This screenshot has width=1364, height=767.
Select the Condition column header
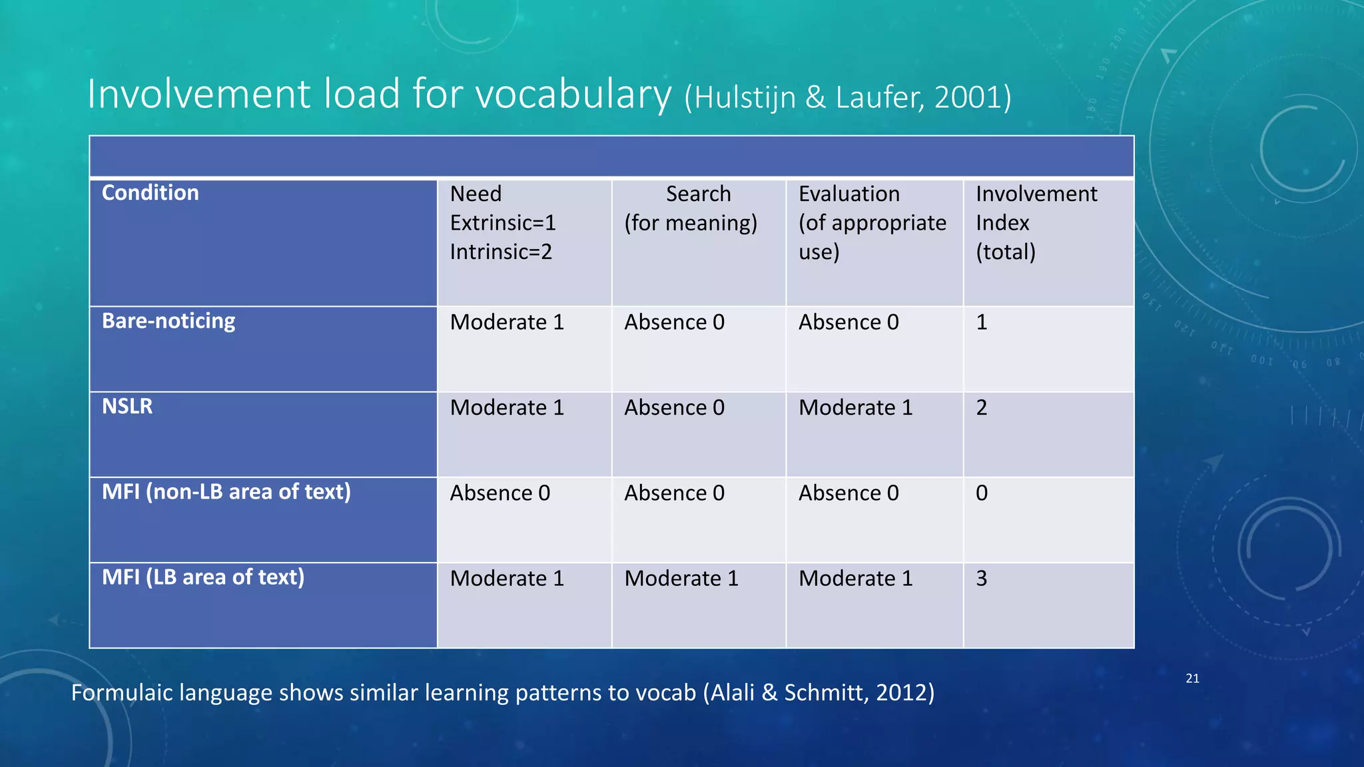151,193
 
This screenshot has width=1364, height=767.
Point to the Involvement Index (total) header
1036,222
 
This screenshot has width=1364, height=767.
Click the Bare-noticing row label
169,321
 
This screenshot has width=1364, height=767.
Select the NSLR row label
127,406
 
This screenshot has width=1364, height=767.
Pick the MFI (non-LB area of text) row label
226,492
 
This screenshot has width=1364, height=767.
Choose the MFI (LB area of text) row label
203,577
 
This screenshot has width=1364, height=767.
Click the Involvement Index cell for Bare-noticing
982,322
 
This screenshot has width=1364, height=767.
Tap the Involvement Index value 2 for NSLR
982,407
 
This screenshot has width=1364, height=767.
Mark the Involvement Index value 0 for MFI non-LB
982,493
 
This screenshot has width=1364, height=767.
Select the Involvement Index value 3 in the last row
982,579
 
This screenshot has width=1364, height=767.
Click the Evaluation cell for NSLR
855,407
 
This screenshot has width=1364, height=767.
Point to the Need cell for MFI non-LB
500,493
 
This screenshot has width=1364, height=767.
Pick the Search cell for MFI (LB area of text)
681,579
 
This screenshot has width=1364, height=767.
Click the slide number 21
1192,678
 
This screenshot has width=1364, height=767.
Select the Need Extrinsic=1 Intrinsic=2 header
503,222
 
